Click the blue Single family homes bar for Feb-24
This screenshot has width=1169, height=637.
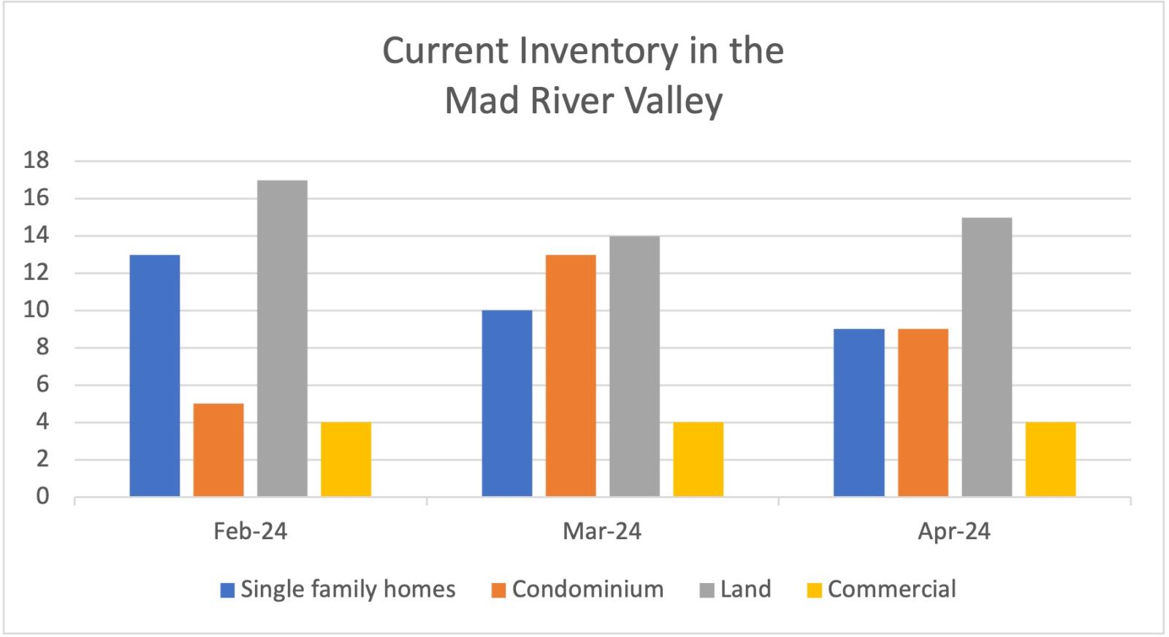click(155, 375)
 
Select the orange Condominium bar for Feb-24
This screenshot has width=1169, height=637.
click(218, 450)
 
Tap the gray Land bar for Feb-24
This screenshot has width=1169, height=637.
click(282, 338)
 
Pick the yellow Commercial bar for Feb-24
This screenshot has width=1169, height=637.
click(346, 459)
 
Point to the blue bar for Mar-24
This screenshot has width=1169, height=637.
click(507, 403)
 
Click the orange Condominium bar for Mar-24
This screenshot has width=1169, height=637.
click(571, 375)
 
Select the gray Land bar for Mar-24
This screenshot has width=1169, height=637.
click(635, 366)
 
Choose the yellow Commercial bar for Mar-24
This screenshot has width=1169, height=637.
click(698, 459)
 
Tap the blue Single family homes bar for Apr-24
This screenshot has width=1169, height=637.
click(859, 413)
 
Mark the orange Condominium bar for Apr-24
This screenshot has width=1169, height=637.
click(924, 413)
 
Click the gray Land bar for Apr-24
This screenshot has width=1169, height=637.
click(987, 356)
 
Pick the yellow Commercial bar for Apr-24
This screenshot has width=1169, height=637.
click(1051, 459)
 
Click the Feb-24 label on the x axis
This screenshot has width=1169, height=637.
click(251, 531)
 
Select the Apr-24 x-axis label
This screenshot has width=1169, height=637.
click(954, 531)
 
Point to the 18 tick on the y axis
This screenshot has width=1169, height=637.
click(36, 160)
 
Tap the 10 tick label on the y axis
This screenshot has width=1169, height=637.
click(36, 310)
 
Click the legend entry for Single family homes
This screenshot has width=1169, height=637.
click(338, 590)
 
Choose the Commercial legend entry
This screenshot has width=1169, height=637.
click(881, 590)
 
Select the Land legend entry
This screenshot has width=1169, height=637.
click(735, 590)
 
